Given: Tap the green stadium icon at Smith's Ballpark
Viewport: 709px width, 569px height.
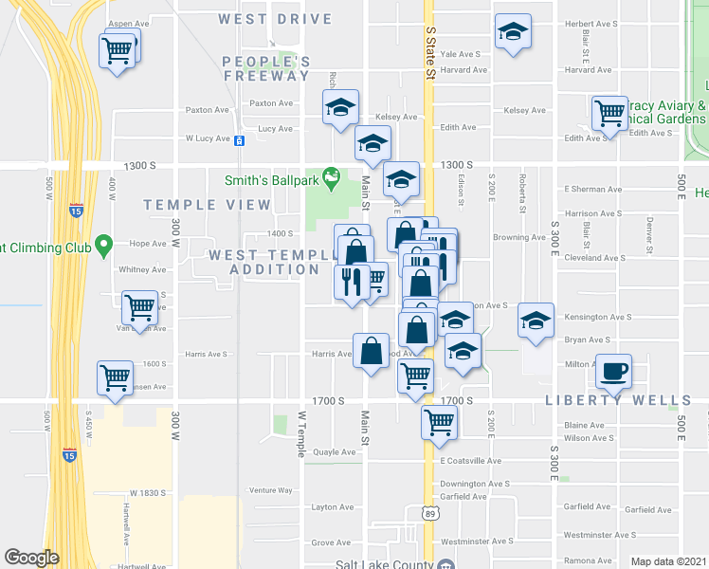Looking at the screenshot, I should point(330,175).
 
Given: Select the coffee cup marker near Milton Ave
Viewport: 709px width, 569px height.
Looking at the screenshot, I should point(613,370).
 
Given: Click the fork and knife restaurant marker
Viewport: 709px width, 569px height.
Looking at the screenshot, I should point(349,282).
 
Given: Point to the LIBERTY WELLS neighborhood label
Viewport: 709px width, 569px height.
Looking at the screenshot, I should point(617,400).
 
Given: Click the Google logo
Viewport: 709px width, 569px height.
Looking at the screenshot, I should point(32,557).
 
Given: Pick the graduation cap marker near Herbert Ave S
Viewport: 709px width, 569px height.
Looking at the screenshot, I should point(512,33).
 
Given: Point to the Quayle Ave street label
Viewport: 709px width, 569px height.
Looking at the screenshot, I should point(333,451).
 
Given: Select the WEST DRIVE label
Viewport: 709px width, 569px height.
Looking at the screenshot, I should point(275,19).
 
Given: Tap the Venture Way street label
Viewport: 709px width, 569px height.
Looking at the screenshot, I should point(270,490).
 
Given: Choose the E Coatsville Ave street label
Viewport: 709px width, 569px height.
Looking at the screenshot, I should point(471,461).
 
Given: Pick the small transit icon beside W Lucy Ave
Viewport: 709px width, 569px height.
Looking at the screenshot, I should point(240,141).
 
